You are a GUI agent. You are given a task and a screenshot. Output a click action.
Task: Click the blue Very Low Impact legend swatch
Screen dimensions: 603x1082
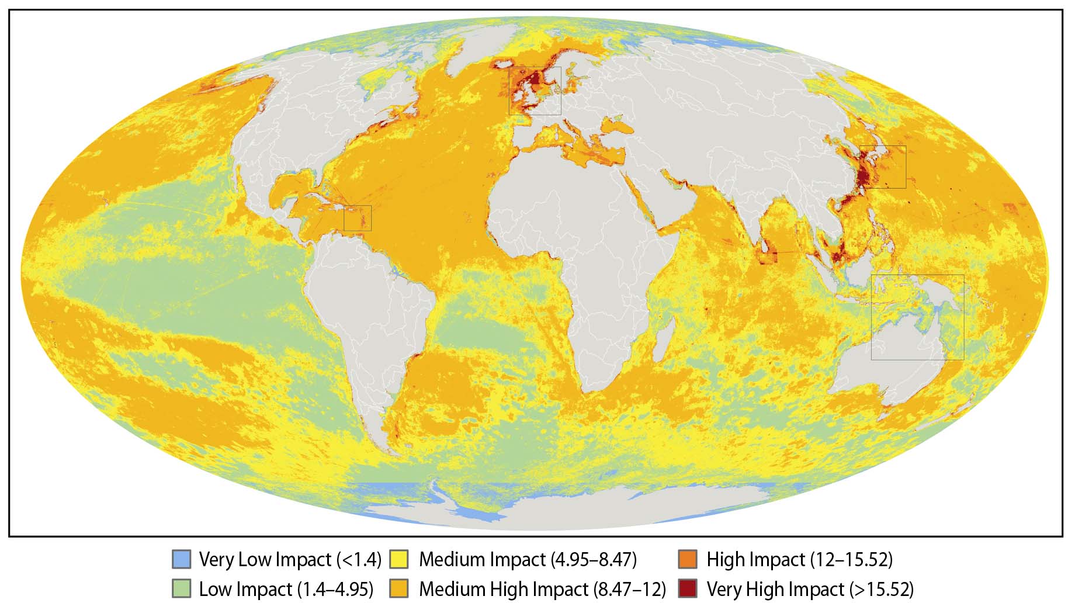point(182,559)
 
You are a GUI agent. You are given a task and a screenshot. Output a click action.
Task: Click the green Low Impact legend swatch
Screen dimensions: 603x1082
point(182,588)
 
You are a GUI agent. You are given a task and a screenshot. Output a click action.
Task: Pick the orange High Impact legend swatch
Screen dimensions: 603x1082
point(688,559)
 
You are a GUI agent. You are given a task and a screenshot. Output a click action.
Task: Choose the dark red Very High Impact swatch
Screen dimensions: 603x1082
point(688,588)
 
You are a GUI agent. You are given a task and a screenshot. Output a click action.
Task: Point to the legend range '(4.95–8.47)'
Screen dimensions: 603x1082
point(594,560)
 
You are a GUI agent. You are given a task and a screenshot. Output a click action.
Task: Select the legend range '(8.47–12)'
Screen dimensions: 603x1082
point(630,589)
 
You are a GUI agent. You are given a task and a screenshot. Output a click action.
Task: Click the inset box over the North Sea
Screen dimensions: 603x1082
point(535,91)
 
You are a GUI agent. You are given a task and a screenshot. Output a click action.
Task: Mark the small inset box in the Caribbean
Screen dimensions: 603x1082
point(358,218)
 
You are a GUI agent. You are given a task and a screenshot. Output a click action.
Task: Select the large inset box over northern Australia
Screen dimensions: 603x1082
point(917,317)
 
